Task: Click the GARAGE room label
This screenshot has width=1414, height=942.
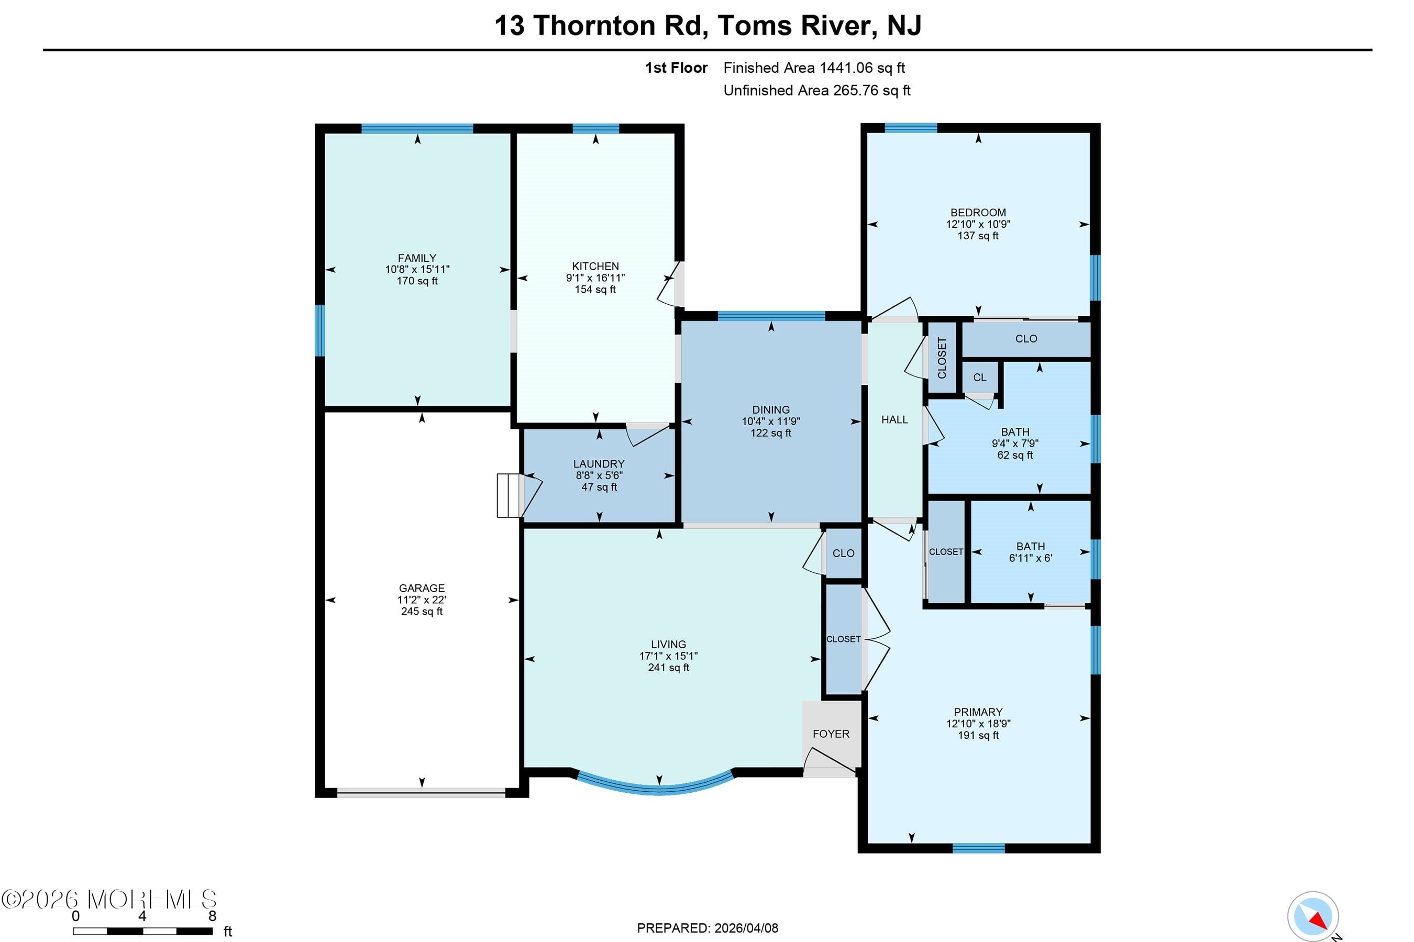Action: pyautogui.click(x=421, y=588)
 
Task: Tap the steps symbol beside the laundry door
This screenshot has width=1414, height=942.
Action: pyautogui.click(x=507, y=495)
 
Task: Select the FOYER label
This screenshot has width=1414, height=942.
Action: pyautogui.click(x=830, y=734)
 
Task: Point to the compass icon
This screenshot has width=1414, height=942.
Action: pyautogui.click(x=1312, y=916)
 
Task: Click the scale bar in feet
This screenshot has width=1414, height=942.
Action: pyautogui.click(x=142, y=931)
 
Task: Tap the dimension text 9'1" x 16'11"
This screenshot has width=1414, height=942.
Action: pyautogui.click(x=595, y=278)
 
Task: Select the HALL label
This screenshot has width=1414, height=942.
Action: pyautogui.click(x=894, y=419)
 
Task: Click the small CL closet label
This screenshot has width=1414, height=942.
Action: pyautogui.click(x=979, y=378)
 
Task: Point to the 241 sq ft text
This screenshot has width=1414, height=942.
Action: pyautogui.click(x=668, y=668)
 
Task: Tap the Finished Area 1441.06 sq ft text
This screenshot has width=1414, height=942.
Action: pyautogui.click(x=813, y=68)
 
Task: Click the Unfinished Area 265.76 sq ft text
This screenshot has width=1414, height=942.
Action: pyautogui.click(x=816, y=90)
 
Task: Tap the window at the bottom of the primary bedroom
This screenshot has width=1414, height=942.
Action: pyautogui.click(x=978, y=848)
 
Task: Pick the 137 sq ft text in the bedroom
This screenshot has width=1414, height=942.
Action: pyautogui.click(x=977, y=236)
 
